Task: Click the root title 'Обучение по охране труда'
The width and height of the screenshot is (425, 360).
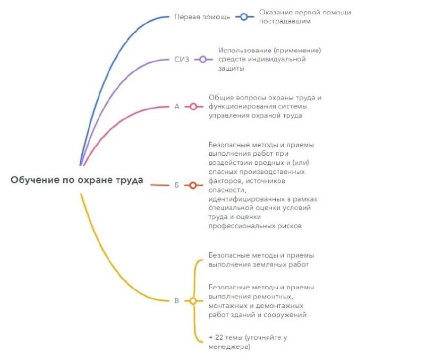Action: coord(76,180)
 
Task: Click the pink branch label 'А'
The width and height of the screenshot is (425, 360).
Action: coord(177,106)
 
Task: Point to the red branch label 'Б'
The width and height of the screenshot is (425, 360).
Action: coord(176,186)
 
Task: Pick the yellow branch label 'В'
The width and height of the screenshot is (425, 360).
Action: coord(177,301)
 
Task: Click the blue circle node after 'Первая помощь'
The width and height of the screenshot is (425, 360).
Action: coord(243,16)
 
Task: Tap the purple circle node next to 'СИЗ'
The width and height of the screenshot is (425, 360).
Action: coord(202,59)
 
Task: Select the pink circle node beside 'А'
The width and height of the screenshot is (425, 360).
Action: coord(193,106)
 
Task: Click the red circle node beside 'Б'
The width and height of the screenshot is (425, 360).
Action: coord(193,186)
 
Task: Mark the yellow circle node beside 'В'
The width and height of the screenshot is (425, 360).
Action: coord(193,301)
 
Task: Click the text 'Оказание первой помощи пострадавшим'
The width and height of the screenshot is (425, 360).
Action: coord(304,16)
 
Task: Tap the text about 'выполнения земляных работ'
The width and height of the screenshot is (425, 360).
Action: coord(261,259)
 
